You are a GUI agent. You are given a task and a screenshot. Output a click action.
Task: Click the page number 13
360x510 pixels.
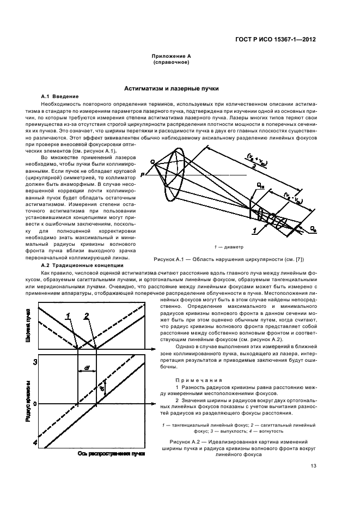(x=313, y=465)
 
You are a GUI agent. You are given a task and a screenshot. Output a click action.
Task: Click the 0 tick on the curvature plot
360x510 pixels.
(x=35, y=404)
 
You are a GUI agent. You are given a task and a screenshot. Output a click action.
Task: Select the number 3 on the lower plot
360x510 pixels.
(x=35, y=362)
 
